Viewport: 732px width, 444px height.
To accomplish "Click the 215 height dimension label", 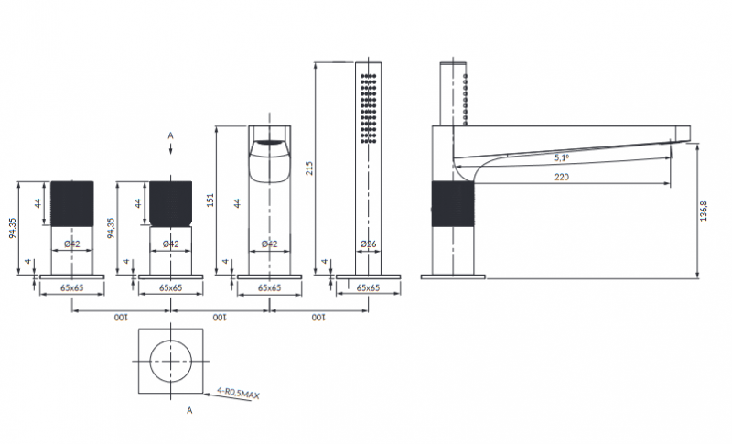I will tap(309, 168).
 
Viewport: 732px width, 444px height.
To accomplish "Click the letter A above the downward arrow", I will tap(170, 135).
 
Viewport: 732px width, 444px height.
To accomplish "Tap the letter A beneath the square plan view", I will tap(189, 412).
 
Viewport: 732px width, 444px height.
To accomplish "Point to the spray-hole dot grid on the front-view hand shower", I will tap(368, 106).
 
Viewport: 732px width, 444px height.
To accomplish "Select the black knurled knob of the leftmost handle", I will tap(71, 201).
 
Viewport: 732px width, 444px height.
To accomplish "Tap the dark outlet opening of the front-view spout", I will tap(268, 144).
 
